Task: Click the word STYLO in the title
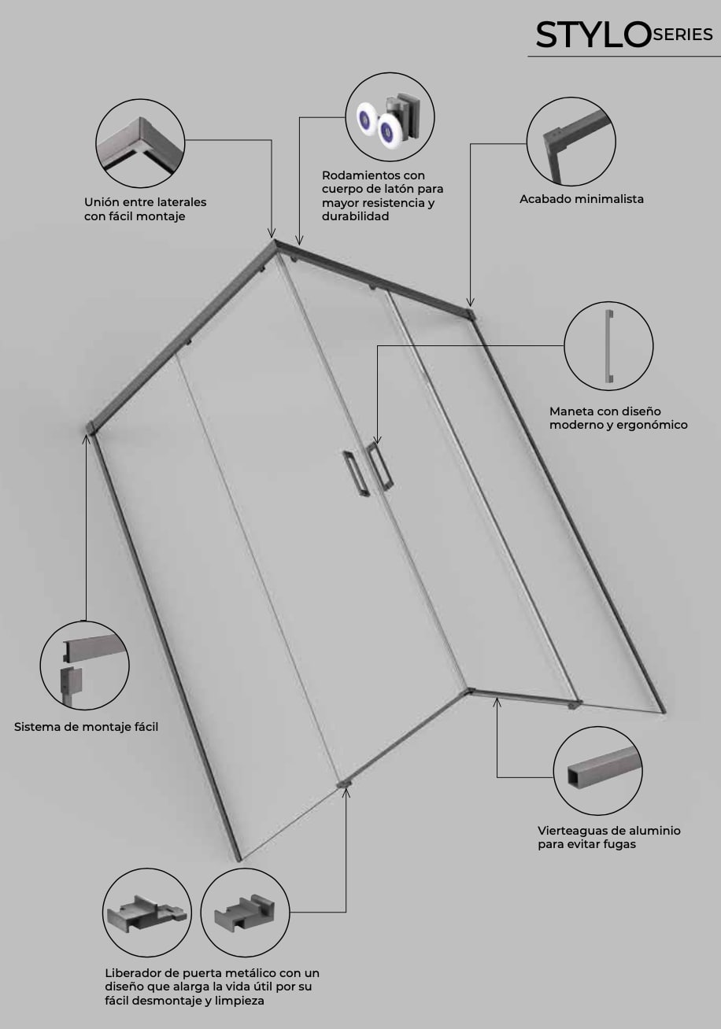tap(593, 35)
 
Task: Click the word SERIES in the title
tap(682, 35)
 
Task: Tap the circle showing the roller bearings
tap(390, 116)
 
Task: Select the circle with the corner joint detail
tap(140, 143)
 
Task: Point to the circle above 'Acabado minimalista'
tap(571, 142)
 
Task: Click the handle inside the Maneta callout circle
tap(609, 346)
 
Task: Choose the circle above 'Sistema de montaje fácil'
tap(84, 666)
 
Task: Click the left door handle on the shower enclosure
tap(356, 473)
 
